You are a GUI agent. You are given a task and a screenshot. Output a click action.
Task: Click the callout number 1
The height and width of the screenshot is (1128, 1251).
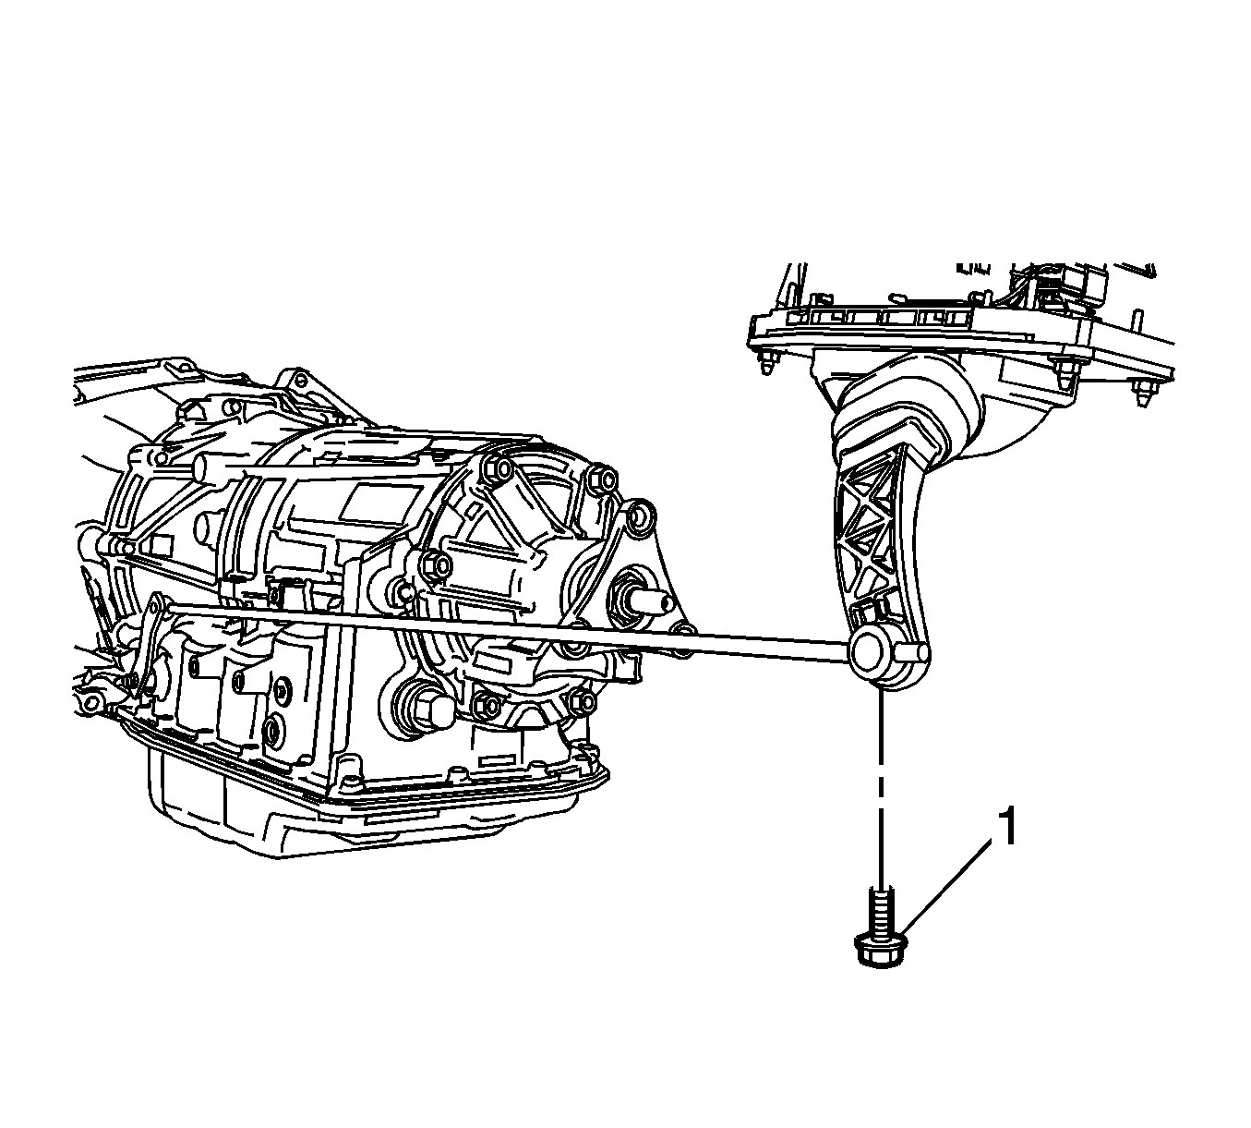[x=1006, y=826]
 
